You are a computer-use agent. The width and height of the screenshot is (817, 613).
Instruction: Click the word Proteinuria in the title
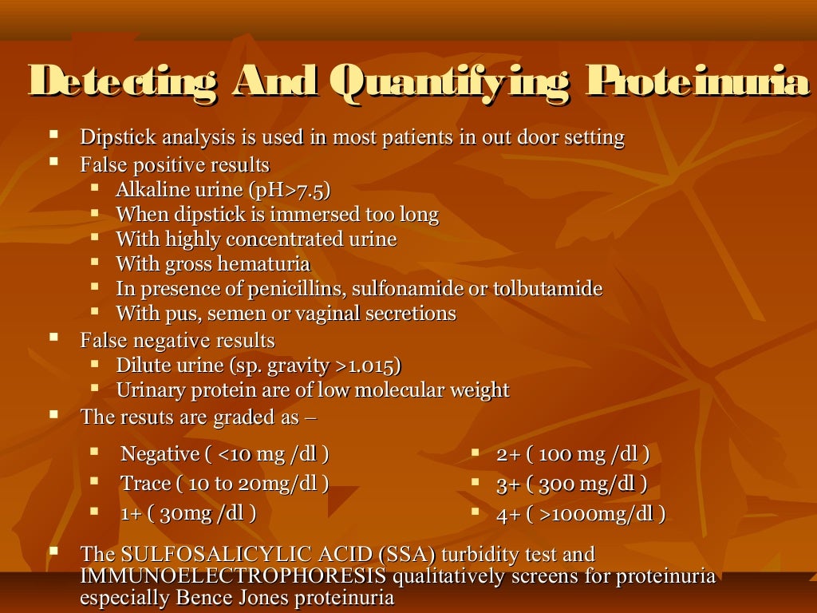coord(697,83)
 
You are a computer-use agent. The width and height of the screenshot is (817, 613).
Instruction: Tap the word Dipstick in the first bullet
coord(113,137)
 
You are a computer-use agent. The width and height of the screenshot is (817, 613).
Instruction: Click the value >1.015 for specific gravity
coord(365,366)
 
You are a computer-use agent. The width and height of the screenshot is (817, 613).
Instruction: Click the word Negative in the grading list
coord(160,454)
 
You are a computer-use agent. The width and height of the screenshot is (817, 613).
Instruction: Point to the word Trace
coord(145,483)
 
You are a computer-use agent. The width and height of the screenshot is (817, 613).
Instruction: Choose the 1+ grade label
coord(130,512)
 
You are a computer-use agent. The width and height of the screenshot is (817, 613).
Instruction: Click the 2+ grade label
coord(508,455)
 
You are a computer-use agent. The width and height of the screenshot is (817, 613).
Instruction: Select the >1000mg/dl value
coord(599,514)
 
